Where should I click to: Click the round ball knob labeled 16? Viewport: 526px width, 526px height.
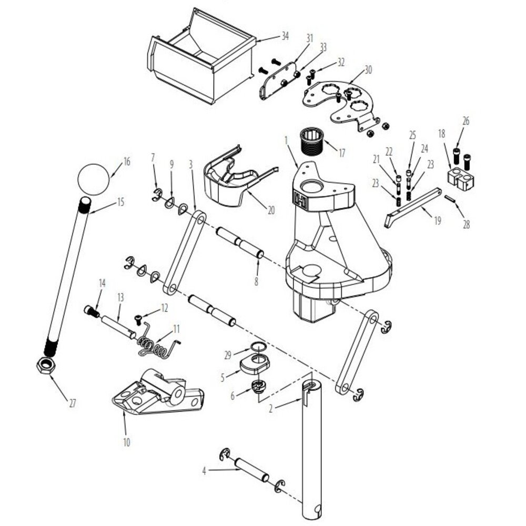[94, 179]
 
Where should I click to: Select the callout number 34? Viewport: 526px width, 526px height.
[285, 36]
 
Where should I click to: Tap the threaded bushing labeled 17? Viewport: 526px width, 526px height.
[311, 141]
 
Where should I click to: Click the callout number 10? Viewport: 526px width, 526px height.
[126, 442]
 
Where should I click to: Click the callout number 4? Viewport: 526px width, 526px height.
[204, 471]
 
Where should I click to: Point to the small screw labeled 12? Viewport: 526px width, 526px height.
[138, 319]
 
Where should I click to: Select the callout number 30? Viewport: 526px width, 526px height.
[368, 70]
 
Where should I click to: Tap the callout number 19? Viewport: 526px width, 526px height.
[438, 220]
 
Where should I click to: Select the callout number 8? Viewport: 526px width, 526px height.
[256, 281]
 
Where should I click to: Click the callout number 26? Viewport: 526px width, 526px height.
[466, 121]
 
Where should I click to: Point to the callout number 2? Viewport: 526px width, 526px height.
[271, 408]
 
